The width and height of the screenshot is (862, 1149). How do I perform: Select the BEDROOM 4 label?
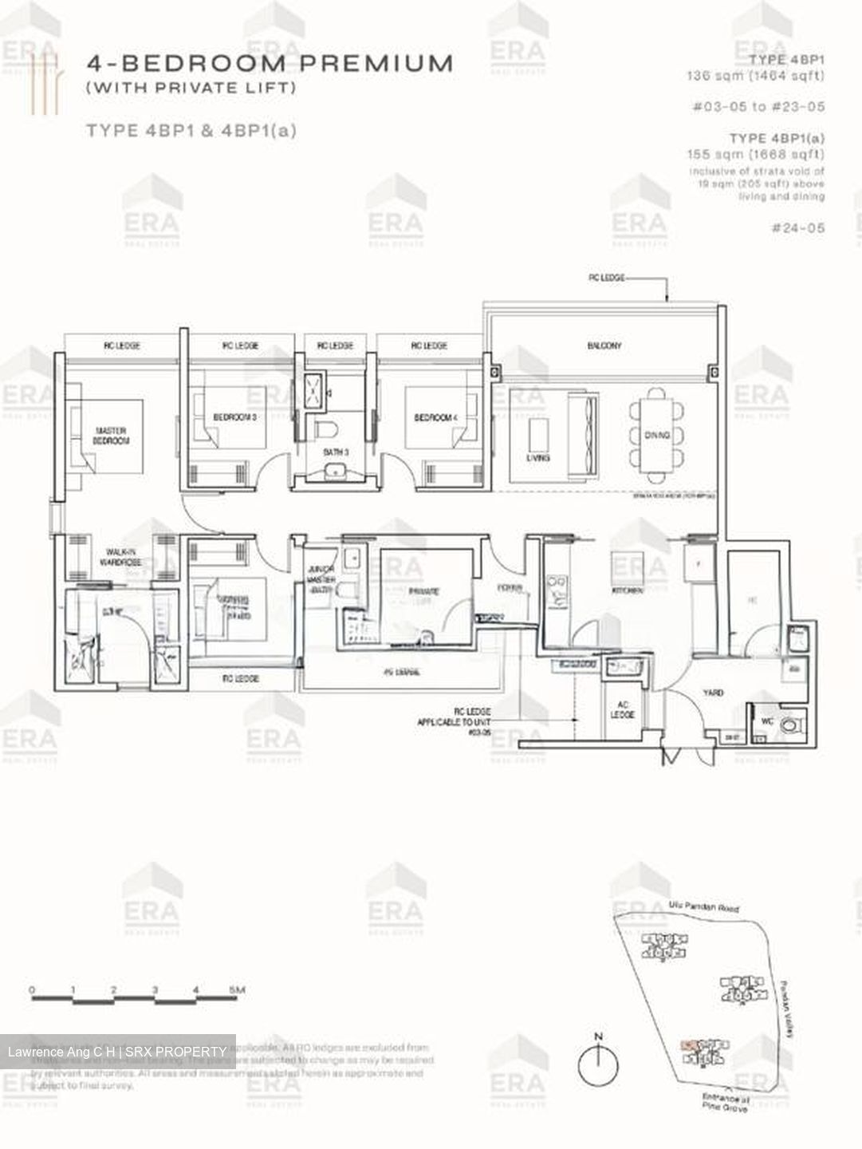tap(435, 417)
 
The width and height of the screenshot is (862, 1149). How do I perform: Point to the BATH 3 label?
tap(336, 452)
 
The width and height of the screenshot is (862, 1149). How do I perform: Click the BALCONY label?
tap(604, 345)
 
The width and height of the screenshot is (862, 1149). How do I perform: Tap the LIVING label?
tap(538, 458)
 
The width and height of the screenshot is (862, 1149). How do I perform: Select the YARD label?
tap(713, 693)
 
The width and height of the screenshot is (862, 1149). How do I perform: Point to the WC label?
tap(768, 721)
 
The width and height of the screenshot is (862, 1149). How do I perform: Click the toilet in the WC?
tap(790, 726)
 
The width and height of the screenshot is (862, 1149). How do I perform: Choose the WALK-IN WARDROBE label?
tap(120, 557)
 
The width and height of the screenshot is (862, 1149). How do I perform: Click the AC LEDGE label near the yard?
tap(622, 709)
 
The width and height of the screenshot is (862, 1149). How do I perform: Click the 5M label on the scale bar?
tap(237, 990)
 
